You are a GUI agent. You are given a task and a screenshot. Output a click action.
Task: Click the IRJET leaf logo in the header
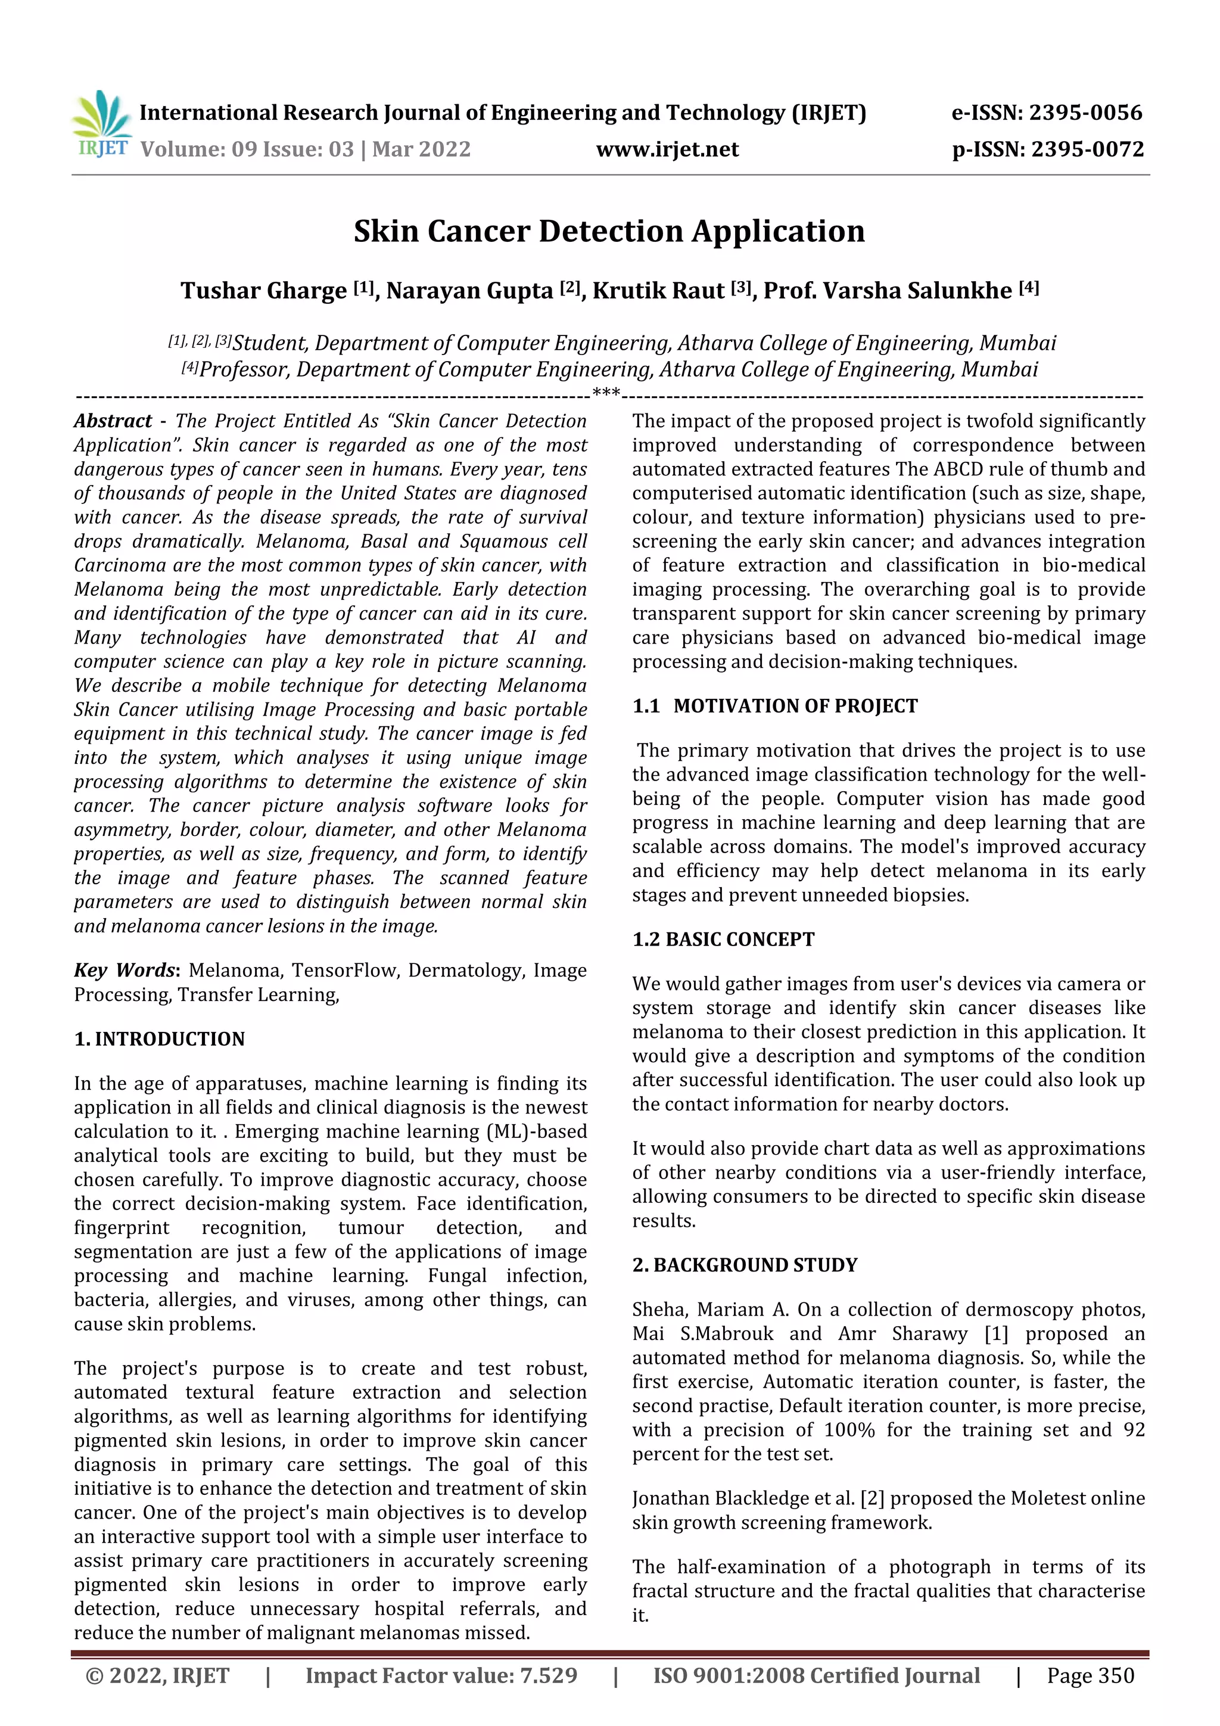(x=101, y=123)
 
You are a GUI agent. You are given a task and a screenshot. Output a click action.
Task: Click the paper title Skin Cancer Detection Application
(x=609, y=231)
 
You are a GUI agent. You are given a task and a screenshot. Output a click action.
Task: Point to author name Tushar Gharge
(x=263, y=290)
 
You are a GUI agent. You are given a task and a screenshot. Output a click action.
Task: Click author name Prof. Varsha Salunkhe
(x=887, y=290)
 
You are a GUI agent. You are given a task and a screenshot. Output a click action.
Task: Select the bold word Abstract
(x=113, y=421)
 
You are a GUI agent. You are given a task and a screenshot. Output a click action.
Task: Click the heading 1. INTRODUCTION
(x=160, y=1039)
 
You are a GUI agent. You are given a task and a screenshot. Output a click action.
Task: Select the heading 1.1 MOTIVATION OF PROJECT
(x=774, y=706)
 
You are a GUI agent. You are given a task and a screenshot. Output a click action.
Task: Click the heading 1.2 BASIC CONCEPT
(x=723, y=940)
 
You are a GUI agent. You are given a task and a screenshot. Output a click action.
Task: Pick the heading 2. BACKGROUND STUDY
(x=744, y=1265)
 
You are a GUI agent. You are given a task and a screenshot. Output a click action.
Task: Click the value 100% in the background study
(x=849, y=1430)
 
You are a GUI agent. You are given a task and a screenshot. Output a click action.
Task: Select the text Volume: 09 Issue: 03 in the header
(x=247, y=149)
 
